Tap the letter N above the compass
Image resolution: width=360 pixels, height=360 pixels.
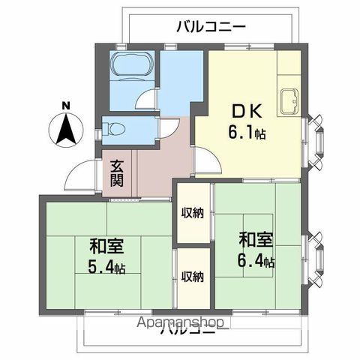pos(67,105)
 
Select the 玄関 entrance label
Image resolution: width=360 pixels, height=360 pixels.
pos(118,175)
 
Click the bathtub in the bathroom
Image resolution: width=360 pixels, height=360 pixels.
pos(131,70)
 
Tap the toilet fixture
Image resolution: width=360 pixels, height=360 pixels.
pos(116,128)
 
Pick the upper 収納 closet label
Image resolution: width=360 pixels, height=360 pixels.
pos(192,212)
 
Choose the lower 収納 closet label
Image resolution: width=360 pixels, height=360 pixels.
pos(192,277)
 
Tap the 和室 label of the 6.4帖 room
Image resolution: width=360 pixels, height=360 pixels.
pos(256,240)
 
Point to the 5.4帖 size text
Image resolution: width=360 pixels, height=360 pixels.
pos(106,268)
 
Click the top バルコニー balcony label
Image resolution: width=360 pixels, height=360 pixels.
pos(211,28)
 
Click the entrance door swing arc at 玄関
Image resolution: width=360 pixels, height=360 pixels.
pos(79,178)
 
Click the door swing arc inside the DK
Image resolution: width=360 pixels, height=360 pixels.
pos(207,160)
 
